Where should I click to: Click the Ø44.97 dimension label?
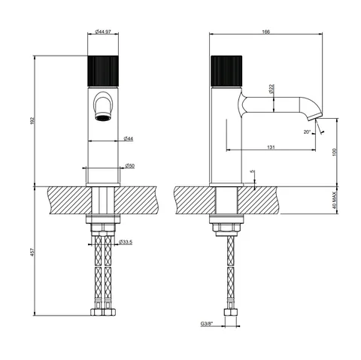pyautogui.click(x=103, y=32)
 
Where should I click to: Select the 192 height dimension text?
pyautogui.click(x=32, y=121)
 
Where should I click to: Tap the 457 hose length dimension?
pyautogui.click(x=32, y=252)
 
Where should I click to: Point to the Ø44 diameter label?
pyautogui.click(x=129, y=138)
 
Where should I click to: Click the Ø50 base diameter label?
pyautogui.click(x=130, y=165)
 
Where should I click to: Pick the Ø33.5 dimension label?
pyautogui.click(x=126, y=242)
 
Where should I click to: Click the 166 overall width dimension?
pyautogui.click(x=265, y=32)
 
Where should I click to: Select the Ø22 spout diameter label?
pyautogui.click(x=272, y=89)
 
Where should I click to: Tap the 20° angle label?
pyautogui.click(x=307, y=132)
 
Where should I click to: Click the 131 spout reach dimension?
pyautogui.click(x=271, y=147)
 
